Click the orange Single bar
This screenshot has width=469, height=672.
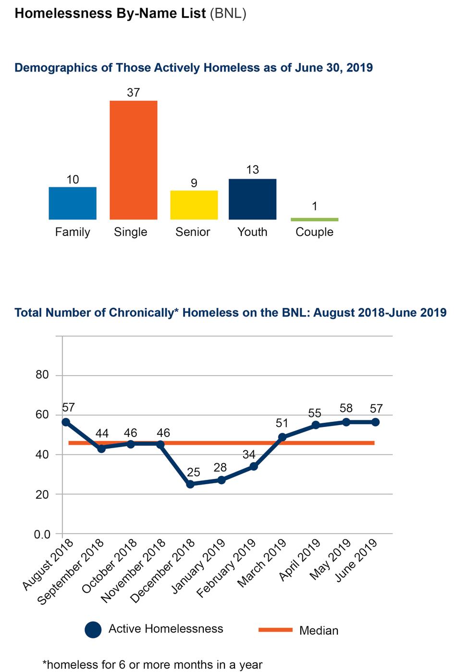133,160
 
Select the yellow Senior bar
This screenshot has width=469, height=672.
194,205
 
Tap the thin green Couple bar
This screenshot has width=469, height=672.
314,220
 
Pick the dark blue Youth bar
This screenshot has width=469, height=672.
252,199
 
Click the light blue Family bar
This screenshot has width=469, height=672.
73,203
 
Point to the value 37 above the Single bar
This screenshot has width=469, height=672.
133,92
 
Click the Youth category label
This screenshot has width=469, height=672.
252,232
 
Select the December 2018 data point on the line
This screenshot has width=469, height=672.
190,484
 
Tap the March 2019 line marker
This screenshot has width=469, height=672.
283,437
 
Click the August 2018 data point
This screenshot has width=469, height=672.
66,422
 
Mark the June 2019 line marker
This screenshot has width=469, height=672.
376,422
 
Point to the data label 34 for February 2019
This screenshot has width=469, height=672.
249,454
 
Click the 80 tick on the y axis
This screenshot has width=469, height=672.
42,375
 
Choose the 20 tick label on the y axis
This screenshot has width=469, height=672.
42,494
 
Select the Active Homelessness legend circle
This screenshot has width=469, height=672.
93,630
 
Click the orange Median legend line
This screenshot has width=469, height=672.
275,630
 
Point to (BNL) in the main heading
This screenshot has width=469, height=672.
228,13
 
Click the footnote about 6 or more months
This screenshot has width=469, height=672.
153,665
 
